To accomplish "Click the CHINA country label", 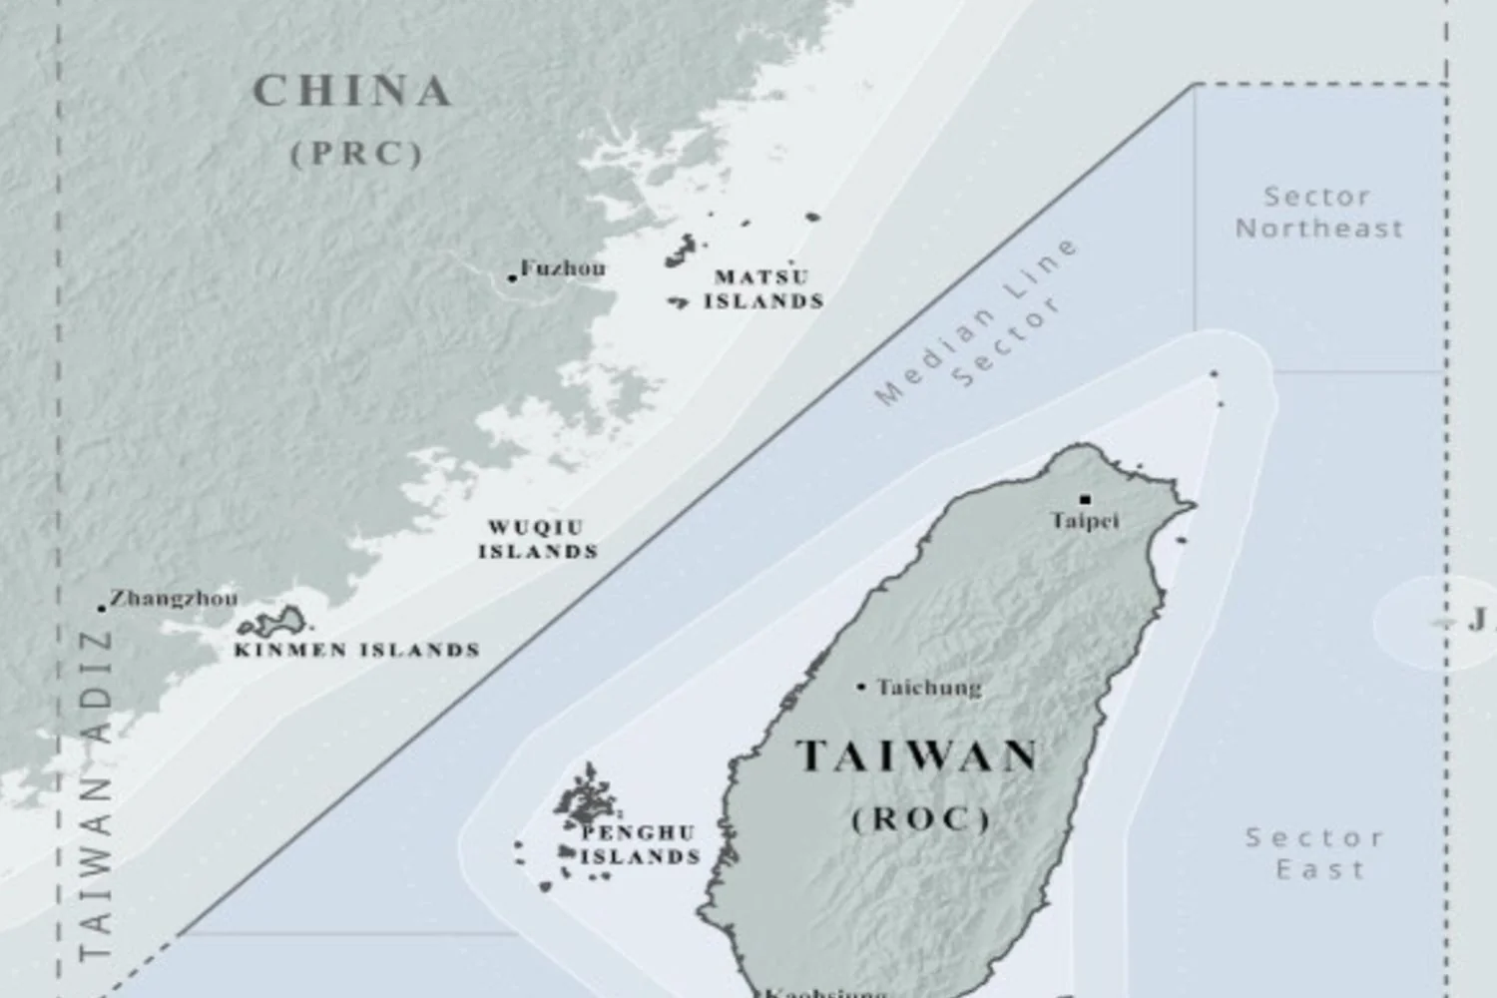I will pos(352,92).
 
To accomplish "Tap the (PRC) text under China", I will pos(357,154).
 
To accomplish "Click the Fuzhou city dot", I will pos(512,277).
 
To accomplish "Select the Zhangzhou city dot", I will pos(102,607).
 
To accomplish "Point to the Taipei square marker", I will pos(1085,500).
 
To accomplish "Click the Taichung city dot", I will pos(861,687).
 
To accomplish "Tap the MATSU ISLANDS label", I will pos(763,289).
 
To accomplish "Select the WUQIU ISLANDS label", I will pos(538,540).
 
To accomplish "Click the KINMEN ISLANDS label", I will pos(357,650).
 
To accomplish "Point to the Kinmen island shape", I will pos(274,624).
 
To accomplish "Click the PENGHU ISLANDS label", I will pos(640,844).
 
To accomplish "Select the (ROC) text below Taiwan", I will pos(921,819).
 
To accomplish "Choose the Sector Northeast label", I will pos(1318,212).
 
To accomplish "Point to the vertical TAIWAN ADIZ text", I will pos(96,793).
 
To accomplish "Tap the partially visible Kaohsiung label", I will pos(826,992).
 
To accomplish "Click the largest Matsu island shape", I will pos(683,249).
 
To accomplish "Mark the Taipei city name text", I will pos(1085,521).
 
